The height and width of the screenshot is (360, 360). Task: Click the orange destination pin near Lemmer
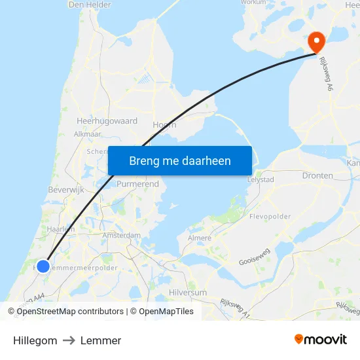click(x=316, y=41)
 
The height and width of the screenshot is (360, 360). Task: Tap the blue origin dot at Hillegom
click(x=43, y=266)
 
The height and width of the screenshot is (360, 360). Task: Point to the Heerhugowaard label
click(x=107, y=121)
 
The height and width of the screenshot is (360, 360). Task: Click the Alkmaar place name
click(x=87, y=134)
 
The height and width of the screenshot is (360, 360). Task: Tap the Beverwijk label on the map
click(x=64, y=189)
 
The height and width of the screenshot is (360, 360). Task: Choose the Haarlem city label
click(x=61, y=229)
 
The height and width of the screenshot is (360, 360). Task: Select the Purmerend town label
click(x=137, y=185)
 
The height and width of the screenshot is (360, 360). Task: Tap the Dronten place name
click(x=317, y=176)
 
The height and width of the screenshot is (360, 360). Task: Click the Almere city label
click(x=200, y=238)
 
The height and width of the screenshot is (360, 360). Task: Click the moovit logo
click(x=321, y=340)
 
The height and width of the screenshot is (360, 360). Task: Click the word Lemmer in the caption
click(x=101, y=340)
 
